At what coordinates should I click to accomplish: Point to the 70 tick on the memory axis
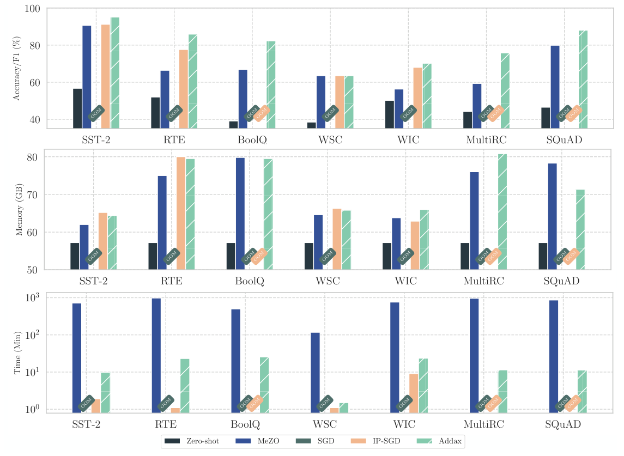(x=36, y=194)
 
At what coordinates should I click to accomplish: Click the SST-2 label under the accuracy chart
(x=97, y=139)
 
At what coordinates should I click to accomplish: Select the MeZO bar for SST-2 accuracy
(x=87, y=77)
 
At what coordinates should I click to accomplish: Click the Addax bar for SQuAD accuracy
(x=583, y=79)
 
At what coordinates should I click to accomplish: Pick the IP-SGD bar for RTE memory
(x=181, y=213)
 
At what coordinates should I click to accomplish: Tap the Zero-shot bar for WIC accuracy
(x=389, y=114)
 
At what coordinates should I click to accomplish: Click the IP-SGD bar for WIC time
(x=414, y=393)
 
